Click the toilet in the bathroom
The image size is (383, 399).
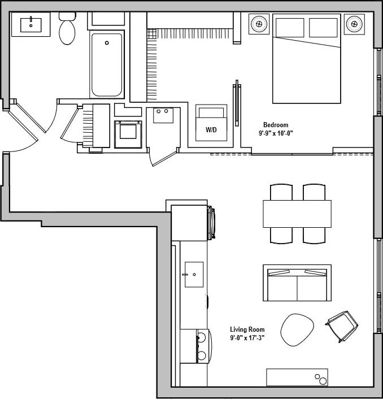68,31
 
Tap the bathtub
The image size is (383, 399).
106,65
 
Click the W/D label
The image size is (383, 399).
211,130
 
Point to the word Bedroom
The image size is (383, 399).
276,125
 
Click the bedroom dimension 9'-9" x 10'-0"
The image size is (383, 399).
276,133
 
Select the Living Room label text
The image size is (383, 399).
247,329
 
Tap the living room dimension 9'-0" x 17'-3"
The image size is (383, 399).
247,338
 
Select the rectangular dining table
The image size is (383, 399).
297,214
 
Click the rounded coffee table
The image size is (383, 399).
297,329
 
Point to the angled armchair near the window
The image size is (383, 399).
343,326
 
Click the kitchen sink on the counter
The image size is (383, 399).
194,274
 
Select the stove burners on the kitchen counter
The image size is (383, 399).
201,346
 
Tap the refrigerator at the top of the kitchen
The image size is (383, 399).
190,223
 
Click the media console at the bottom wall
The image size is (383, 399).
297,378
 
